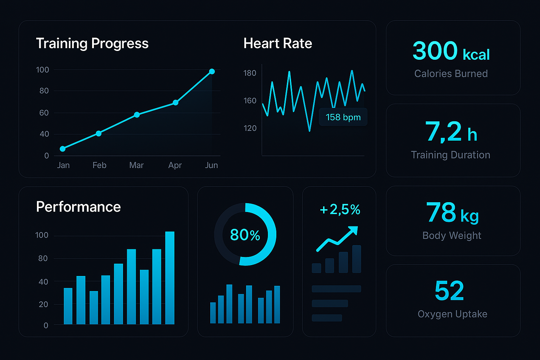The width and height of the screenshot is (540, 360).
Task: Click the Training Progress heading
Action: [x=92, y=44]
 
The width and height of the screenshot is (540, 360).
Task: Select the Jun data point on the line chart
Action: [x=212, y=72]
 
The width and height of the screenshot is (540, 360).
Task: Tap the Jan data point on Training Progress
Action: [x=63, y=149]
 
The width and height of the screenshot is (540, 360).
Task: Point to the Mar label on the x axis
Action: [x=136, y=165]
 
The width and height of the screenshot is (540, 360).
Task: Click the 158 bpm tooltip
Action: [x=343, y=117]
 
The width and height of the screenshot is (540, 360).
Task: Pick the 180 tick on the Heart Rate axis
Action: [x=250, y=73]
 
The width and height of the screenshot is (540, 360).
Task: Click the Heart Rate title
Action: [x=278, y=44]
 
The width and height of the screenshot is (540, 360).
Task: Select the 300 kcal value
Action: [x=451, y=51]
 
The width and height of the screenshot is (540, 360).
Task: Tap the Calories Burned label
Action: [x=451, y=73]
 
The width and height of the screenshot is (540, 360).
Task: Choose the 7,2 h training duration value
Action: [x=451, y=132]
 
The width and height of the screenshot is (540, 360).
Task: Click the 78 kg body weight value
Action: [x=452, y=213]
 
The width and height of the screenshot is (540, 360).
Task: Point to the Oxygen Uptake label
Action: [x=452, y=314]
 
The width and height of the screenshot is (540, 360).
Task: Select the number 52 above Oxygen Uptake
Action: [x=449, y=291]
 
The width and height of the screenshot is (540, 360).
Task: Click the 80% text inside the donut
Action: [x=245, y=235]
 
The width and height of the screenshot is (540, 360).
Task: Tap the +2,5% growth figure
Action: [x=340, y=210]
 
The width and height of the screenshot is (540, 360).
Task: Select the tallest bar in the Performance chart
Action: [x=170, y=278]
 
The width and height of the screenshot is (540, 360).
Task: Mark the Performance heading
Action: [x=78, y=207]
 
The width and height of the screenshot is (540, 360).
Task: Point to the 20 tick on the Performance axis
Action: [x=43, y=304]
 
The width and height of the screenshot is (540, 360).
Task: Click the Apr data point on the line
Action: [x=175, y=103]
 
